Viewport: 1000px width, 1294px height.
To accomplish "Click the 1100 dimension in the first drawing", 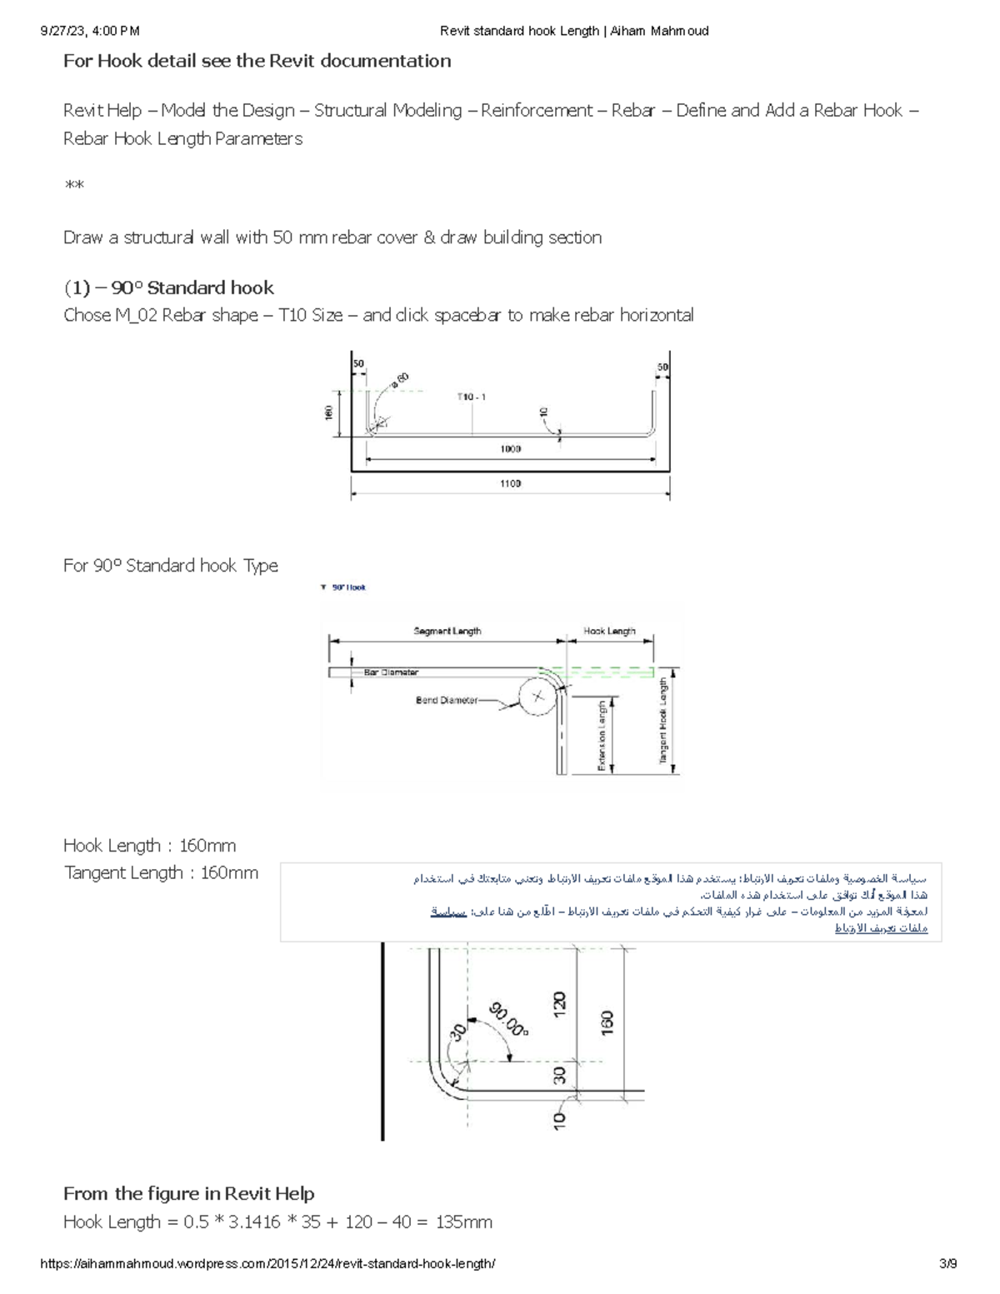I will (510, 483).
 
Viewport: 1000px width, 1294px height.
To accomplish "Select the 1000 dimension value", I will (510, 449).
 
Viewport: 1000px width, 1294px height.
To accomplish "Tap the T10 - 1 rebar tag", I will (471, 397).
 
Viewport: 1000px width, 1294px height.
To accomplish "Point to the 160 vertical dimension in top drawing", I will (329, 412).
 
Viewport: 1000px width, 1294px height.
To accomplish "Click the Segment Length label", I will (447, 632).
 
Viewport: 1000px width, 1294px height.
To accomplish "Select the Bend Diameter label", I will (447, 701).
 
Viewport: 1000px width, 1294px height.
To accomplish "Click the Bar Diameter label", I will (391, 672).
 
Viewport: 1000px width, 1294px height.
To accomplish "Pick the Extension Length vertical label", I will (602, 736).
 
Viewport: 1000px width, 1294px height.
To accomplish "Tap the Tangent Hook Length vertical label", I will (663, 720).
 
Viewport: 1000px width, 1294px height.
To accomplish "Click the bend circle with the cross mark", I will (537, 697).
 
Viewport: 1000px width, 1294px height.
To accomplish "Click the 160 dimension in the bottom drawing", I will (607, 1022).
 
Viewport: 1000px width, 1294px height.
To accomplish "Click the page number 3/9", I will (947, 1264).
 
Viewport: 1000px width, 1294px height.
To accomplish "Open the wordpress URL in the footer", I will (267, 1264).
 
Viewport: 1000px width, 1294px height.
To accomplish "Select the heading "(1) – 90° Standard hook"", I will (168, 287).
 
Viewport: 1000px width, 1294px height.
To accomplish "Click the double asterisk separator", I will (74, 184).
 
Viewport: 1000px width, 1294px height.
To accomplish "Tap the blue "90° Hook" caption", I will (348, 587).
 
